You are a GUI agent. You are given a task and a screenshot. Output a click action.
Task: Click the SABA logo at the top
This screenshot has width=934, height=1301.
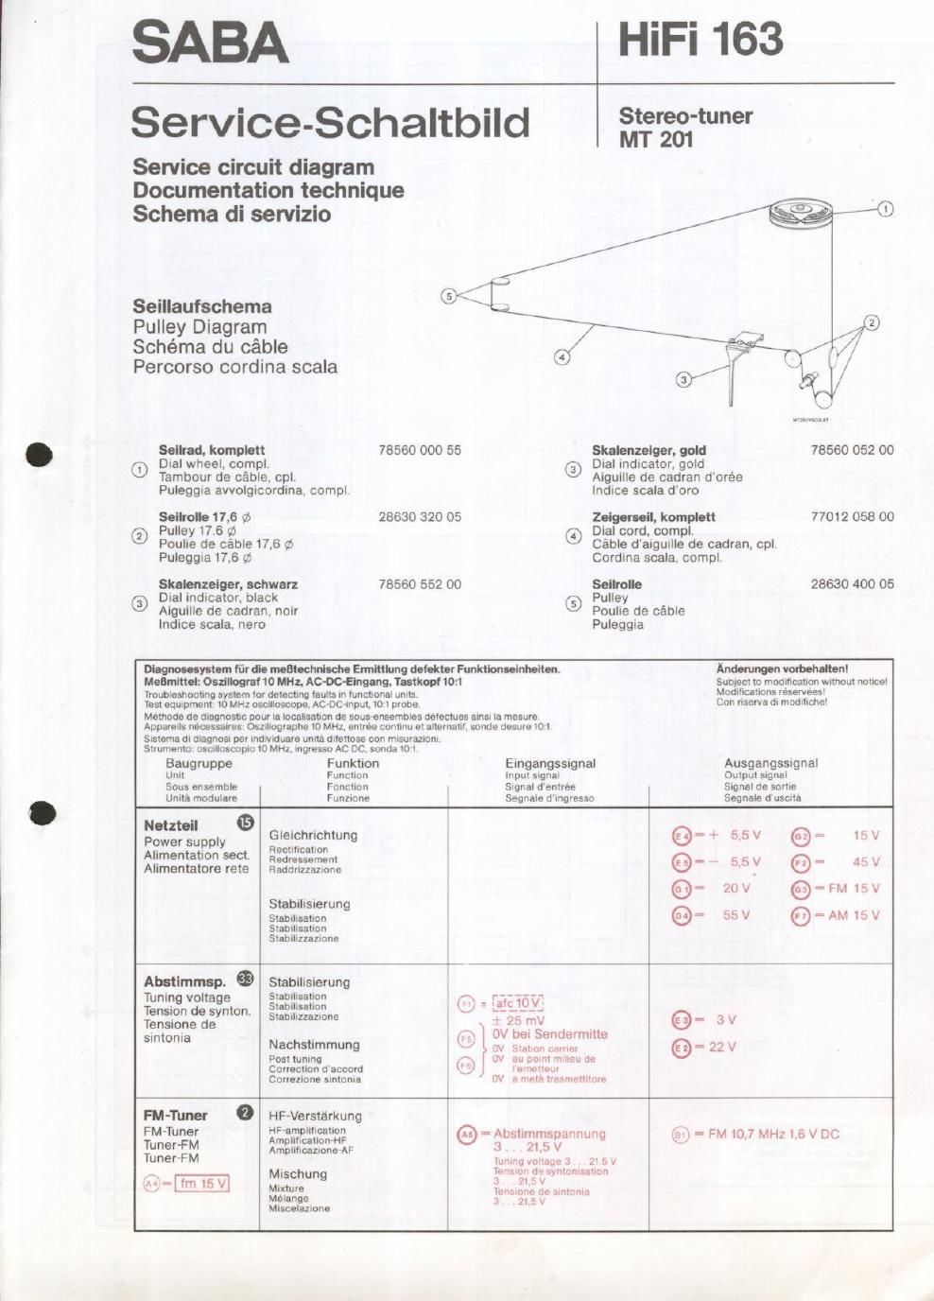[x=210, y=43]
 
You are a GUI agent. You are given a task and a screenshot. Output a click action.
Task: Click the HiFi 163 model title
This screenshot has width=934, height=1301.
[x=700, y=40]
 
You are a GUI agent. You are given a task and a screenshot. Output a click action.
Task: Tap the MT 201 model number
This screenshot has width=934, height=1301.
[x=656, y=139]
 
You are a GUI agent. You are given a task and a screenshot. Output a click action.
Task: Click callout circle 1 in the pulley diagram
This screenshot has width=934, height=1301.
[x=886, y=209]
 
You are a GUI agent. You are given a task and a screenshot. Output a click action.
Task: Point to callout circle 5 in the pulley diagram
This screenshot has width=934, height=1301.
[x=449, y=296]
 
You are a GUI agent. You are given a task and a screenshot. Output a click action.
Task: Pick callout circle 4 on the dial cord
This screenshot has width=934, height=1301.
[x=562, y=356]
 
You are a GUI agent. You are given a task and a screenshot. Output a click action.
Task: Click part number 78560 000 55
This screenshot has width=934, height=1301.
[x=420, y=450]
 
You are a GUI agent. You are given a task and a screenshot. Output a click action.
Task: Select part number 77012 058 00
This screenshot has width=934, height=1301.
[x=852, y=516]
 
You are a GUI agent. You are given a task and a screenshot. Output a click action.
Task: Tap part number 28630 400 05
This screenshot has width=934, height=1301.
[x=852, y=583]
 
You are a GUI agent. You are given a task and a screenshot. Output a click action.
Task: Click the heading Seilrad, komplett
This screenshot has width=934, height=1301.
[x=212, y=450]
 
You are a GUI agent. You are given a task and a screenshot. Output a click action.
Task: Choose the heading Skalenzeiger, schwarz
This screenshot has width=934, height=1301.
[x=228, y=584]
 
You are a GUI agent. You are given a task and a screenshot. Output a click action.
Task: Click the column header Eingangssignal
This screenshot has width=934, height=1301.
[x=550, y=763]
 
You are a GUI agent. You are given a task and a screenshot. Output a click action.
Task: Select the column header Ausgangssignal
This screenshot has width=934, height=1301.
[x=770, y=763]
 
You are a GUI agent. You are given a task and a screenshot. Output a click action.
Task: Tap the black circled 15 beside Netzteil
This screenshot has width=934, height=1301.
[x=246, y=823]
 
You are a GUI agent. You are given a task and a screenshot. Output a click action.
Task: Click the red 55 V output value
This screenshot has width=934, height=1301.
[x=736, y=915]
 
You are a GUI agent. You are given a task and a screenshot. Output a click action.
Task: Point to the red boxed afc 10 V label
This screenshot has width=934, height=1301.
[x=517, y=1003]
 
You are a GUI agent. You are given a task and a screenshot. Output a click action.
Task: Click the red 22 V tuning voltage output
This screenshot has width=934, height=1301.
[x=722, y=1047]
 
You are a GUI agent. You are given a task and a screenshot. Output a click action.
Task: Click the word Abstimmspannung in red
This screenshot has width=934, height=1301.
[x=549, y=1134]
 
